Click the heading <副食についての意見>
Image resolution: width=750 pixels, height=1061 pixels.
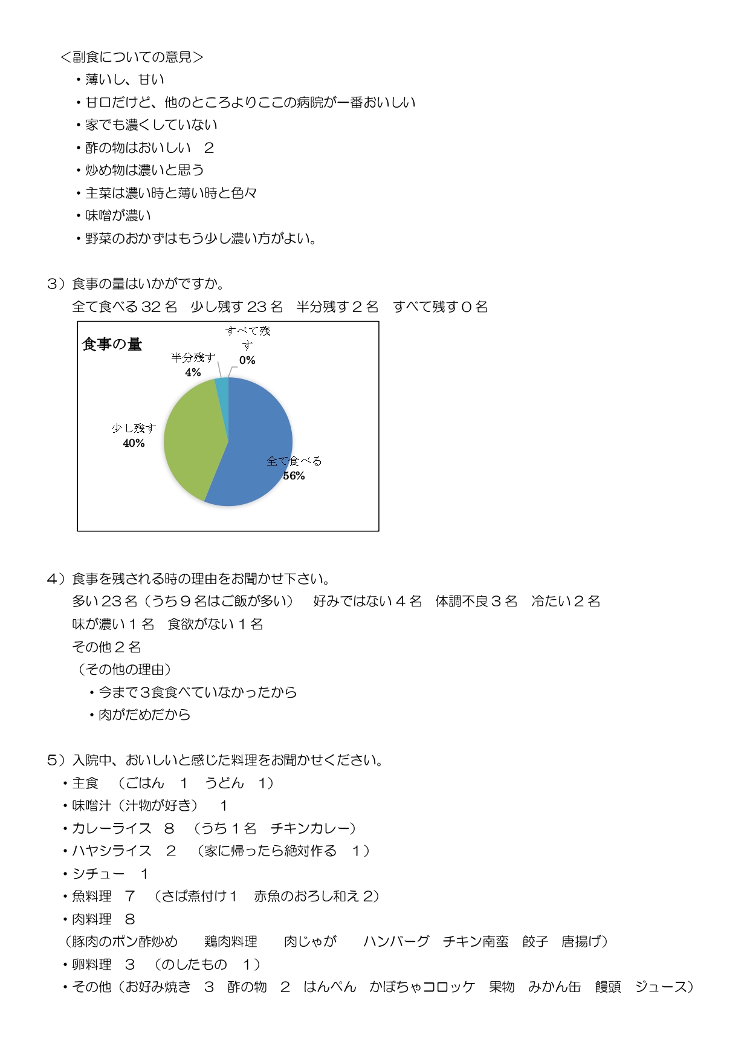(x=132, y=57)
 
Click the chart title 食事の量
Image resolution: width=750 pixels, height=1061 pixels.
(x=112, y=345)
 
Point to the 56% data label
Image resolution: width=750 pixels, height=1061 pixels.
(x=294, y=476)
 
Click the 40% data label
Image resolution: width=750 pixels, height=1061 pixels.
(x=134, y=443)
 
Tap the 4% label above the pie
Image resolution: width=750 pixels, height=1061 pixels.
(x=193, y=372)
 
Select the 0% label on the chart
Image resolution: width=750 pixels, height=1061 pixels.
(x=247, y=360)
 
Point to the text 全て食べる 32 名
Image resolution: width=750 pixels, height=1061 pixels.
(x=124, y=307)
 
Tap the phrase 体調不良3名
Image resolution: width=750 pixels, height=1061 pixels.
(x=476, y=601)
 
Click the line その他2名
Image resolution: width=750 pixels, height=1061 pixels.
(x=106, y=647)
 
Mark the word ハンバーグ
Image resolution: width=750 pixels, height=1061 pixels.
(x=396, y=941)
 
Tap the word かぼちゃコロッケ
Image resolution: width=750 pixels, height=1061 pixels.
(x=422, y=987)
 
